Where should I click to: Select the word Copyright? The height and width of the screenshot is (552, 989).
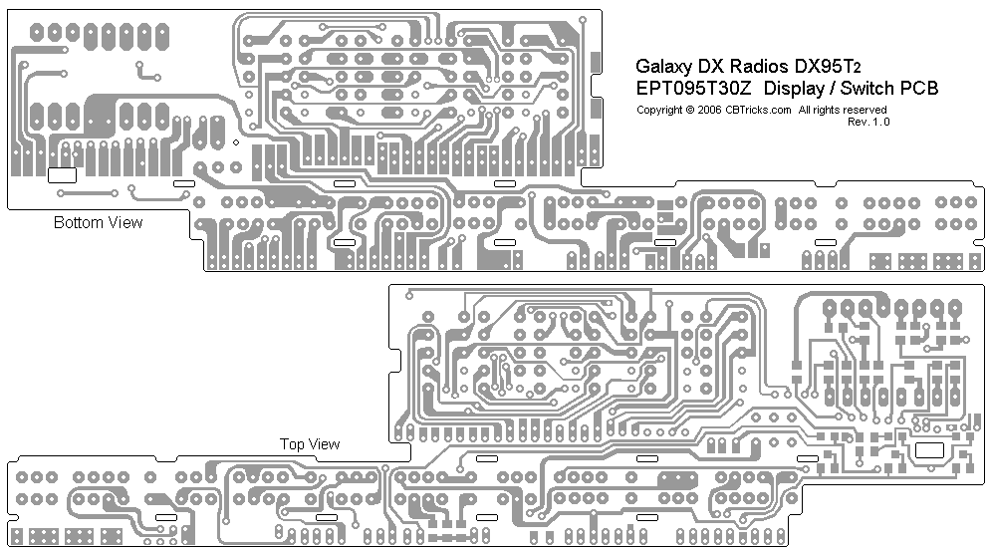(x=659, y=110)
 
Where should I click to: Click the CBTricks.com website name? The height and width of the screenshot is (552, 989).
(x=758, y=110)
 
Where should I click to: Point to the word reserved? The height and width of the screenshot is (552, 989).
(x=865, y=110)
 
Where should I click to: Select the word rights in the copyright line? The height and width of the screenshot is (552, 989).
(x=827, y=110)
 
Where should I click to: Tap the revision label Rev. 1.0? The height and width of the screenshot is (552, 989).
(x=868, y=122)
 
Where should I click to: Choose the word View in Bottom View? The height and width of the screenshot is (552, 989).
(x=124, y=222)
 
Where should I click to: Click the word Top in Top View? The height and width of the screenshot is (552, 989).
(x=292, y=444)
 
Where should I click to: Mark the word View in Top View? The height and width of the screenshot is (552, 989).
(x=324, y=444)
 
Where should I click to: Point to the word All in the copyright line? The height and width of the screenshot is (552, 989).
(x=805, y=110)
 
